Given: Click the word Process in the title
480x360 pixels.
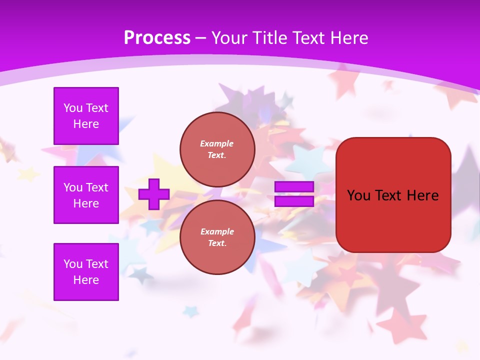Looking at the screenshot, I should click(x=157, y=38).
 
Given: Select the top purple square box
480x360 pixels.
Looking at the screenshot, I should click(x=86, y=116).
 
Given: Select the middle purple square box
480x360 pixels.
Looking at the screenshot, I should click(x=86, y=195).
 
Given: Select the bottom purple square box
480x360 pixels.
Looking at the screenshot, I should click(x=86, y=272).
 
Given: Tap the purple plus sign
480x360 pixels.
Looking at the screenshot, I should click(x=154, y=194).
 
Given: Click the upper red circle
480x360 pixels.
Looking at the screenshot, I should click(x=217, y=149).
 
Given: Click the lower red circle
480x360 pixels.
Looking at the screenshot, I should click(x=217, y=237).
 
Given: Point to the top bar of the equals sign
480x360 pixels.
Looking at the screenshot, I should click(x=294, y=187).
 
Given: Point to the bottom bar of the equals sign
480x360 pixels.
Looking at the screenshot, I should click(x=294, y=201).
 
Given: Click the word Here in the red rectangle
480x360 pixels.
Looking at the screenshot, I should click(x=422, y=195).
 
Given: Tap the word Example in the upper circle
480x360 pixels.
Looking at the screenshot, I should click(x=216, y=143).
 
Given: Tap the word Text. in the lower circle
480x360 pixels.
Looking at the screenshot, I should click(x=217, y=243).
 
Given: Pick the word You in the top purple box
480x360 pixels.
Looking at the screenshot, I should click(x=73, y=108).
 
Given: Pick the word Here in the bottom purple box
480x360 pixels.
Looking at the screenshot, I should click(x=86, y=280).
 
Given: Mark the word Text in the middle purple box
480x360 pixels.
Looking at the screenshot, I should click(x=97, y=187).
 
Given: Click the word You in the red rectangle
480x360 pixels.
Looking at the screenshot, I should click(x=358, y=195).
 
